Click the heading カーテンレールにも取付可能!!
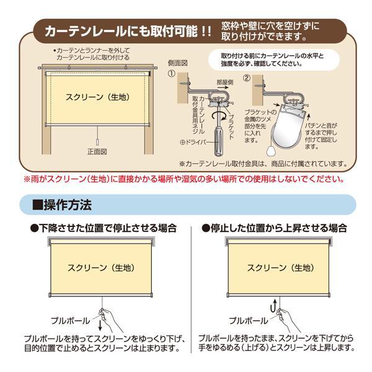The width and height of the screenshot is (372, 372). coord(128,32)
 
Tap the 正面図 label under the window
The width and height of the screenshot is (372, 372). coord(97,152)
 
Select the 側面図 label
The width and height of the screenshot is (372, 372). coord(178,63)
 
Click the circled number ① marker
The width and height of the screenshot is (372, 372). coord(172,74)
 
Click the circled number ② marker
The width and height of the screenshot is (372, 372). coord(247,78)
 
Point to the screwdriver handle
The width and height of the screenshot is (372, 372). coord(218,141)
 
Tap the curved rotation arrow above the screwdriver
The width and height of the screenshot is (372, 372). coord(219,116)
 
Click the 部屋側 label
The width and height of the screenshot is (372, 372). coord(225,82)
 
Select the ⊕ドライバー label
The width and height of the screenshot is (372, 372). coord(193,143)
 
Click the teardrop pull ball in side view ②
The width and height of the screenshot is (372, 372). coord(270,150)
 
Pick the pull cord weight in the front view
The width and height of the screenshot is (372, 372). coord(97,142)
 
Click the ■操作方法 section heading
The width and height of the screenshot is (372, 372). coord(62,205)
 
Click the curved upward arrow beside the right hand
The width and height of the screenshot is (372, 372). coord(273,306)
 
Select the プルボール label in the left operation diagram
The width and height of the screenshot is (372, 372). coord(71,321)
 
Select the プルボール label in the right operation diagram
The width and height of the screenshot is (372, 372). coord(248,321)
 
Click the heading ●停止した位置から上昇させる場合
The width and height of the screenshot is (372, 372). coord(274,228)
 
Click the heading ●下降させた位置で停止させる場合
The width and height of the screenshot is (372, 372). coord(104,228)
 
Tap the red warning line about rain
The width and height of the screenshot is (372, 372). coord(184,179)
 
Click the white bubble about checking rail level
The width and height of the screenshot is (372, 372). coord(274,60)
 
